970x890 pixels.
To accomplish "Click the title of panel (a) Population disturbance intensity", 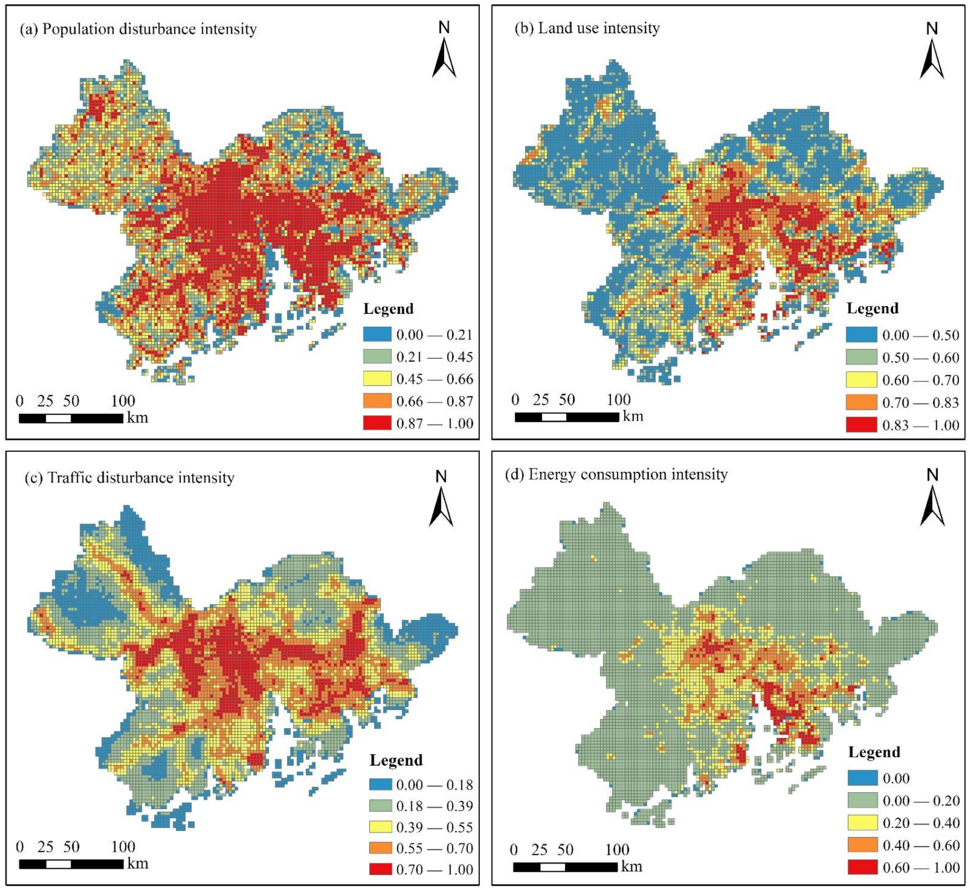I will [138, 29].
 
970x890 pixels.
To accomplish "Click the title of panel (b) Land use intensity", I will [587, 28].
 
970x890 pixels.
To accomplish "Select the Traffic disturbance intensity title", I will [129, 478].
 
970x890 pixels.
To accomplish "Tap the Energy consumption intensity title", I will [616, 474].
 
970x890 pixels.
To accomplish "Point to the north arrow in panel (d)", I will [932, 498].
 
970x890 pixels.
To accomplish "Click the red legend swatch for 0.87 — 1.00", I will [377, 423].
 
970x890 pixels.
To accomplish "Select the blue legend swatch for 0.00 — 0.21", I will [377, 335].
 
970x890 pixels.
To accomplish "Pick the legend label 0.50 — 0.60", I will [920, 358].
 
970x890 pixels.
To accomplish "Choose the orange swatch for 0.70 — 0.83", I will [861, 403].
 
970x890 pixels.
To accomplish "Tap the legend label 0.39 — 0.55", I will [435, 827].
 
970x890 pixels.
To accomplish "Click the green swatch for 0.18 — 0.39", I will [381, 806].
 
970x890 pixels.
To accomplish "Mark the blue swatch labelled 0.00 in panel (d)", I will [863, 778].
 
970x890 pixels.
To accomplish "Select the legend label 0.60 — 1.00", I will [921, 867].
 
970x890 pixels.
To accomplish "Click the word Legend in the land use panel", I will [872, 309].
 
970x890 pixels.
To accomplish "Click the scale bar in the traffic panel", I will [71, 863].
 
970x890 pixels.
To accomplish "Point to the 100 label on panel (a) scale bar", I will [123, 401].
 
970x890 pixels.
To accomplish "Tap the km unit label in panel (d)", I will [632, 866].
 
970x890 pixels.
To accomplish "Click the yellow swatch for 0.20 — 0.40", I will [863, 823].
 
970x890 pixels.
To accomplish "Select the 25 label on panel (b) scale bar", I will [541, 400].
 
